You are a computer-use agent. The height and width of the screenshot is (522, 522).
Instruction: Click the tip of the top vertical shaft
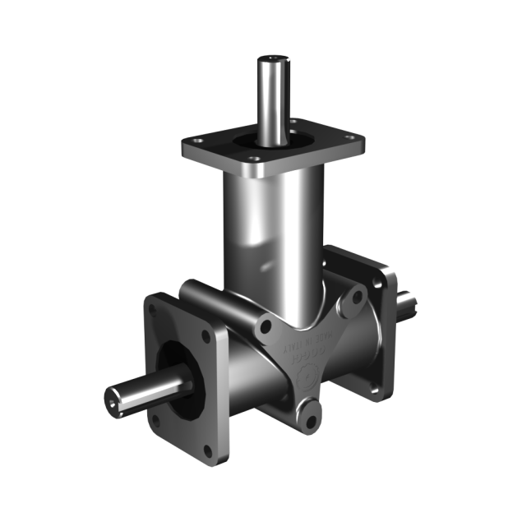click(271, 60)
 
